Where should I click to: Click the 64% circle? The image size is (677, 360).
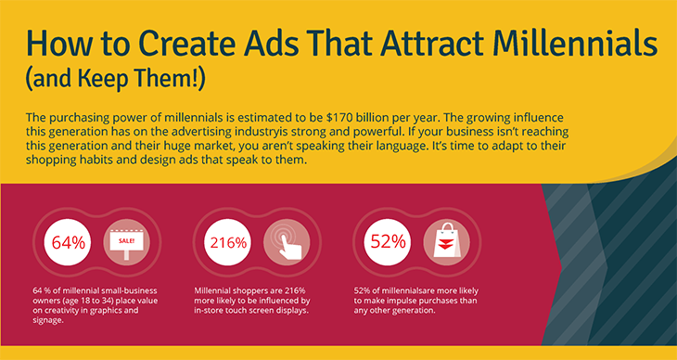tap(68, 243)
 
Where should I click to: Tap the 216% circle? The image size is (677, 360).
tap(227, 243)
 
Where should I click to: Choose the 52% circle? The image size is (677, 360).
tap(388, 243)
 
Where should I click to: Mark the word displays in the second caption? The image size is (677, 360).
tap(284, 311)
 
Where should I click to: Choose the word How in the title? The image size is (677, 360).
tap(57, 44)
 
